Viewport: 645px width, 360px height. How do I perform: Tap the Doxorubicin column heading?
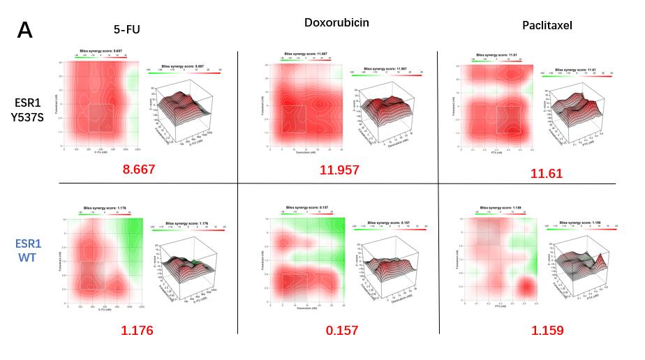336,22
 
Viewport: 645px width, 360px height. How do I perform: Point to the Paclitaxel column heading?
547,26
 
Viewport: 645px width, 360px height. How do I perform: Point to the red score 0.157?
342,330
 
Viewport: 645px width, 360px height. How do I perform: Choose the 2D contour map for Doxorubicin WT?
306,262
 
